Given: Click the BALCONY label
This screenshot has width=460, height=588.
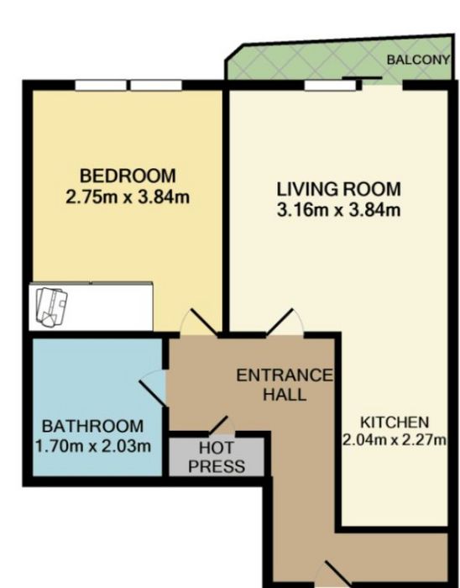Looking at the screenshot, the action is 418,60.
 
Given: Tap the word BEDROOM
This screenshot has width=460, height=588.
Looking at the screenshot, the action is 128,176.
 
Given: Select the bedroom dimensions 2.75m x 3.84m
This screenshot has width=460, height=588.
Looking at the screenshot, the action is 128,197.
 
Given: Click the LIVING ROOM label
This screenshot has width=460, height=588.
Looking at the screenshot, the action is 338,189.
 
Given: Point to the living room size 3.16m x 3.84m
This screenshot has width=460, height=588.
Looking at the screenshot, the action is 338,210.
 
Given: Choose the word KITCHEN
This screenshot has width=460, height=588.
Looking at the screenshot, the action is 395,423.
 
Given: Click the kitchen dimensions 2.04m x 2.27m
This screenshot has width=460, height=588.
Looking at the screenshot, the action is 395,439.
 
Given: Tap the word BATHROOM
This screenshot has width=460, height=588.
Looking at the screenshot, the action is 92,427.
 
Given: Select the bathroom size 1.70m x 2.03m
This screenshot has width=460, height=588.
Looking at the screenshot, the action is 93,446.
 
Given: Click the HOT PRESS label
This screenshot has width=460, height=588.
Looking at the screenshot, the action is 217,458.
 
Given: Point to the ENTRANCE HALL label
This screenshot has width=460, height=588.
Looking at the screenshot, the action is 285,385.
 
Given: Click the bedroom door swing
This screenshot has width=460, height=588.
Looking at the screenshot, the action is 199,322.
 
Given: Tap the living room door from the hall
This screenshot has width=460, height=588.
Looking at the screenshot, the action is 285,322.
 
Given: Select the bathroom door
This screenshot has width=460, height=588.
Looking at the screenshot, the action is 153,388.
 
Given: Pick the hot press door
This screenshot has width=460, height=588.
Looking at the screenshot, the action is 222,425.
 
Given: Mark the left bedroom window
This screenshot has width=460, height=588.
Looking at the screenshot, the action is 101,86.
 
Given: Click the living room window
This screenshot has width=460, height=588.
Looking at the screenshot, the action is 330,86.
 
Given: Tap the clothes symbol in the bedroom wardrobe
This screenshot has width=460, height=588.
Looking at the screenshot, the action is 51,307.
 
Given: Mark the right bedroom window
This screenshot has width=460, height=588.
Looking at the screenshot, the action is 156,86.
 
